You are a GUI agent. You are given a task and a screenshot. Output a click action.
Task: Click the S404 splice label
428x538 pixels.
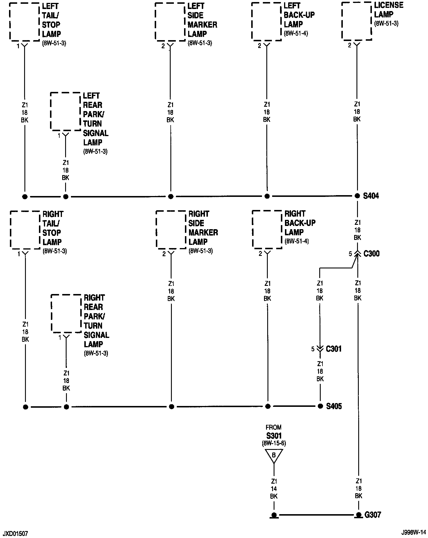371,196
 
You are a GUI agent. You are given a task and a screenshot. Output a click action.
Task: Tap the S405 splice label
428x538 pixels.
334,406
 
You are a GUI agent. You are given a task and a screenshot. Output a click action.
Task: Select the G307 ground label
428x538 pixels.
372,515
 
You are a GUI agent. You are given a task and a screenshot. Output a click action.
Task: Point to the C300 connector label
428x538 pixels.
372,254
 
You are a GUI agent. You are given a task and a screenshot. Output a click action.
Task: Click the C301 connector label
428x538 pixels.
334,348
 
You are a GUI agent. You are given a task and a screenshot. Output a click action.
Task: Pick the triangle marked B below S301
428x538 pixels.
274,455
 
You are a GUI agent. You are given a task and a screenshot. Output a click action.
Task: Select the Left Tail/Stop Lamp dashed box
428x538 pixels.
24,22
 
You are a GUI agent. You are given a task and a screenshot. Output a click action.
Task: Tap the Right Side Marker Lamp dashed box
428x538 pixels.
171,230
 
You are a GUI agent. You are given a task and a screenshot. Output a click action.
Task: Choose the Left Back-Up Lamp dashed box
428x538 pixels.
266,22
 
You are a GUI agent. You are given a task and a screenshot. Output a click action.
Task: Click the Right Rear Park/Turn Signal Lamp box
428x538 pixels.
66,313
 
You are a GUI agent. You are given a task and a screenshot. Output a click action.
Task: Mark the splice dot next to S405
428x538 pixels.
320,406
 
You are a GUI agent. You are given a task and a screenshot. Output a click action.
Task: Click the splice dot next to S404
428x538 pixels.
357,196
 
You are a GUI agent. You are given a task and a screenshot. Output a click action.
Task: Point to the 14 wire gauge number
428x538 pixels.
274,489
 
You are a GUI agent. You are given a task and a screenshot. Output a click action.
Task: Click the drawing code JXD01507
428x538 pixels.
15,534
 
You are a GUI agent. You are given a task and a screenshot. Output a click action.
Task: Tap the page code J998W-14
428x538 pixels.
413,534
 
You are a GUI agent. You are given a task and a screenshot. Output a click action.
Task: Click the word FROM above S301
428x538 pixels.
274,427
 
